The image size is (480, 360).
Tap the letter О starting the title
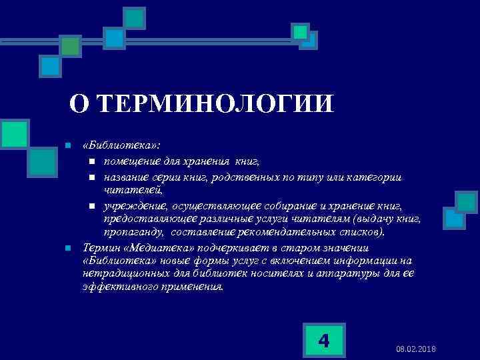pos(79,104)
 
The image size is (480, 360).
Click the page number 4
pos(324,341)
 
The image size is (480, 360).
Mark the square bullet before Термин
pos(67,248)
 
